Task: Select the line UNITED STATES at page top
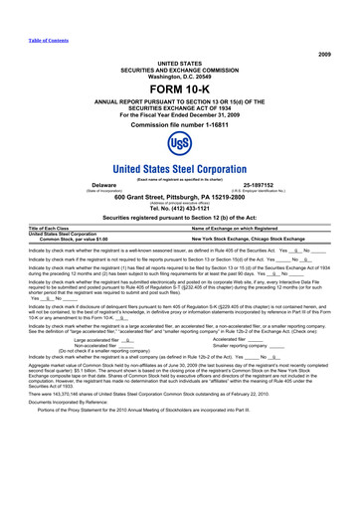pos(179,62)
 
